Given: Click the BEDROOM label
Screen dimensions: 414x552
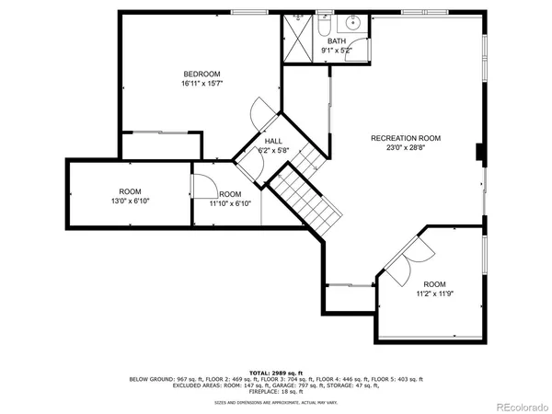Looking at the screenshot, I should click(201, 74).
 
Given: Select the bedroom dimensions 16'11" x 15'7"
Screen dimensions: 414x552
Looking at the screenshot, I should click(201, 84).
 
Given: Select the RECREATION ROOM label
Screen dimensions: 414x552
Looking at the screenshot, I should click(406, 138).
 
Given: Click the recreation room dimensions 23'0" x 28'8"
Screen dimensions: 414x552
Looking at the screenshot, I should click(406, 148).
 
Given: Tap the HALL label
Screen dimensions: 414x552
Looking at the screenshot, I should click(273, 141).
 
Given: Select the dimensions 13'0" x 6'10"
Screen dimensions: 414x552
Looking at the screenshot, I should click(130, 201).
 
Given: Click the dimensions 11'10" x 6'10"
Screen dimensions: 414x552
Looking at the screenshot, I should click(230, 203).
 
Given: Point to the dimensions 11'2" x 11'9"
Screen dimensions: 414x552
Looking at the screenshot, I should click(434, 294).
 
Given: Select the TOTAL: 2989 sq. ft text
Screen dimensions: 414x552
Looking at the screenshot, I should click(275, 372).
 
